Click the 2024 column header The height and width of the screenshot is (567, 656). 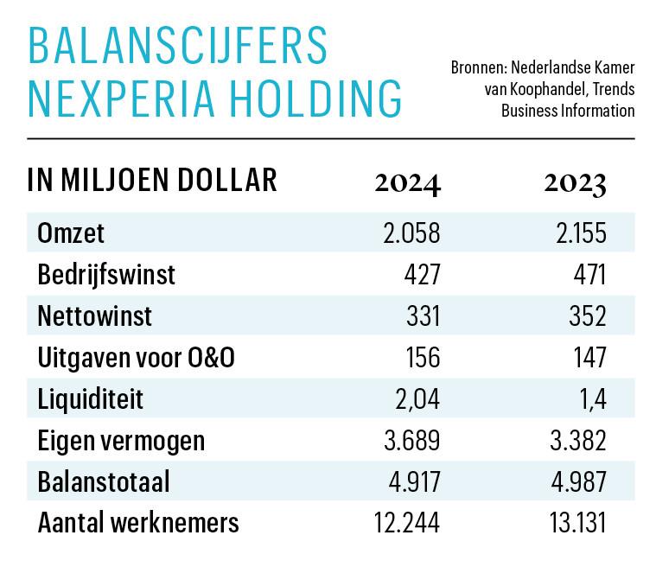(x=407, y=183)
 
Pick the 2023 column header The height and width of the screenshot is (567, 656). (x=575, y=183)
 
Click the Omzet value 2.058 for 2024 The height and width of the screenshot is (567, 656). (x=411, y=233)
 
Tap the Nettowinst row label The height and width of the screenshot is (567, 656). (x=95, y=316)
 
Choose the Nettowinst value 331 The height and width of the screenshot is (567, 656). (x=424, y=316)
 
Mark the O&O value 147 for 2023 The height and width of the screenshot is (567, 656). (x=589, y=358)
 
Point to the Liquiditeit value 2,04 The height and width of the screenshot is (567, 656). (x=417, y=399)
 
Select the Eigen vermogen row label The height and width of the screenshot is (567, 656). (x=122, y=441)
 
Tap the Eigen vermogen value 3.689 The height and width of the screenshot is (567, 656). (x=411, y=441)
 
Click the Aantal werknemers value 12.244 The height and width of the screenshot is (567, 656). (x=405, y=524)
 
